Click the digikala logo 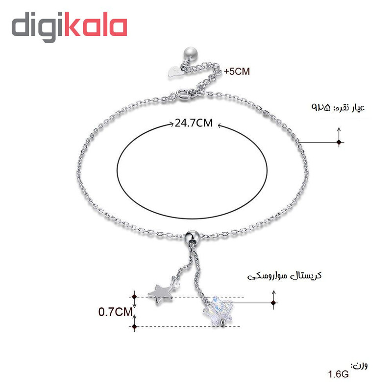click(x=69, y=26)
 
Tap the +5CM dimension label click(x=237, y=72)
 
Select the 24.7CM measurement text click(x=194, y=123)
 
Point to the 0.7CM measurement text click(x=115, y=312)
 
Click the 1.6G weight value click(x=338, y=374)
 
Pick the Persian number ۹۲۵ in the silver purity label click(x=321, y=107)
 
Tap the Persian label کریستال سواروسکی click(x=284, y=276)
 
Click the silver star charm click(x=160, y=293)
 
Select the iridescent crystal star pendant click(x=218, y=311)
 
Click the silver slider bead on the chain click(x=192, y=236)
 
